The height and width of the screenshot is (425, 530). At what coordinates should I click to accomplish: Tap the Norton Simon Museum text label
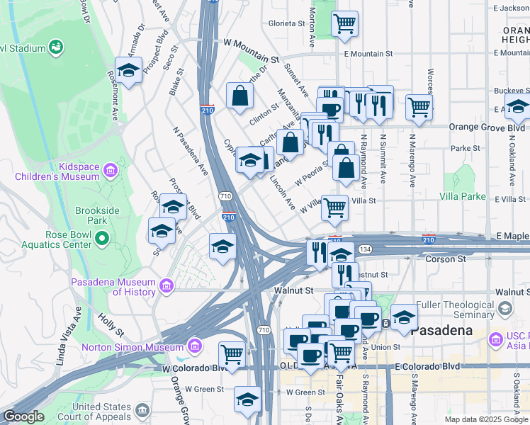132,347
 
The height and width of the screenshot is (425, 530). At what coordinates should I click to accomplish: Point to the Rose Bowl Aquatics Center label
46,239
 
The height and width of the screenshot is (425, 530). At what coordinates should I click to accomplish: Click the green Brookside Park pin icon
102,239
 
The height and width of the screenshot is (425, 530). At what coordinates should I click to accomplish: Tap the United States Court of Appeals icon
142,410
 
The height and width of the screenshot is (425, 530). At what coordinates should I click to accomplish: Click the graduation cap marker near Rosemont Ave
128,69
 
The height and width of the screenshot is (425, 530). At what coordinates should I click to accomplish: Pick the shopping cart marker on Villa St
335,208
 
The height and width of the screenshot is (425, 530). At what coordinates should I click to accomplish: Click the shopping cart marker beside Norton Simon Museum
231,353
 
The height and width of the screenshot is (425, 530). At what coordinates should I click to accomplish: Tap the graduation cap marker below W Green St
247,399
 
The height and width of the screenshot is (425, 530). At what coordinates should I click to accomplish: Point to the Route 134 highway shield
365,249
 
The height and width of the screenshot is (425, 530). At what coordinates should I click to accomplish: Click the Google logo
24,416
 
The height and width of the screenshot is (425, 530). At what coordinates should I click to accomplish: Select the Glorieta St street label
286,23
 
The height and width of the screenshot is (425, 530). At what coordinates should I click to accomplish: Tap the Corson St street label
445,259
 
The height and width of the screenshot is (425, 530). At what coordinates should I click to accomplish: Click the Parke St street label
466,149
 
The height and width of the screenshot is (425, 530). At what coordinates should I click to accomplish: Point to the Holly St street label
112,325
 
